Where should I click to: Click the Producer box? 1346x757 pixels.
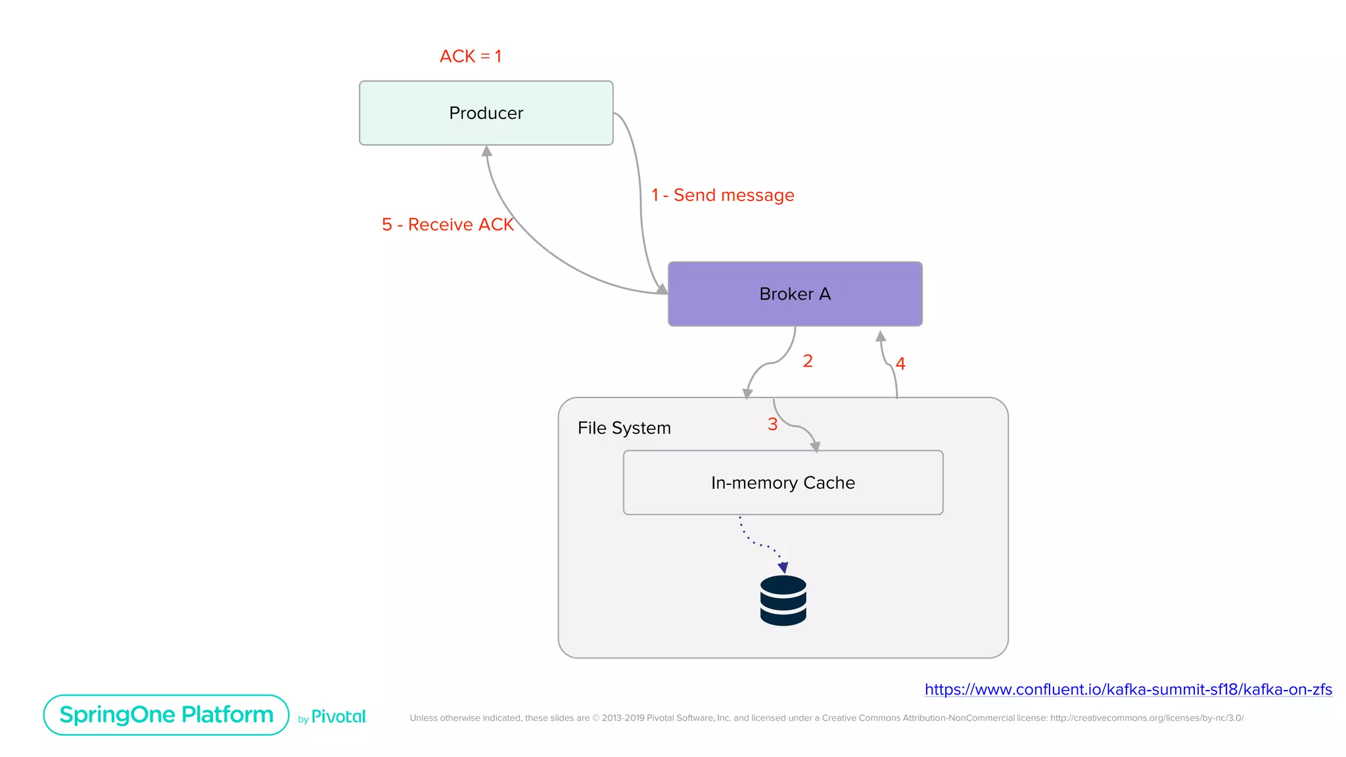[x=486, y=113]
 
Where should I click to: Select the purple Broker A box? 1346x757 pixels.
[x=795, y=294]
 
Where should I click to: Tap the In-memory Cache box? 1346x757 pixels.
[x=782, y=482]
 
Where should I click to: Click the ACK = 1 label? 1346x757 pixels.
[x=470, y=57]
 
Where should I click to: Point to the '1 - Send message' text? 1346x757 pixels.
[x=722, y=195]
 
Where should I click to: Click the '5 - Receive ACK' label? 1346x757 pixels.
[x=447, y=225]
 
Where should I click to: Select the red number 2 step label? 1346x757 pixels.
[x=808, y=361]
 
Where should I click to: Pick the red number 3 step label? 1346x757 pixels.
[x=772, y=424]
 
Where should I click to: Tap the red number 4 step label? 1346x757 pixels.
[x=900, y=363]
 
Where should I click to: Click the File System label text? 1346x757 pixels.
[x=624, y=428]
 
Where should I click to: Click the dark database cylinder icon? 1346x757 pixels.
[x=783, y=601]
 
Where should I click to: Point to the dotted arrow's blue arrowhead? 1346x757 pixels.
[x=783, y=567]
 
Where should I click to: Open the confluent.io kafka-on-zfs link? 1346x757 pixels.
[x=1128, y=689]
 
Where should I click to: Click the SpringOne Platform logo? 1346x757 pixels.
[x=166, y=715]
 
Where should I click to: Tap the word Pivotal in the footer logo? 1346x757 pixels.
[x=338, y=716]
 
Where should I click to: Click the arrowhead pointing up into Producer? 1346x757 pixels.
[x=487, y=151]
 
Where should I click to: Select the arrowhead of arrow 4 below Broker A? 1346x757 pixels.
[x=881, y=336]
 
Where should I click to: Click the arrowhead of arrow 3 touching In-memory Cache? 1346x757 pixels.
[x=815, y=447]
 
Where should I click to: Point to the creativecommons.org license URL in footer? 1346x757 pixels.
[x=1146, y=718]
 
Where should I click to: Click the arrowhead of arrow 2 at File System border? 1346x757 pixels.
[x=747, y=394]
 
